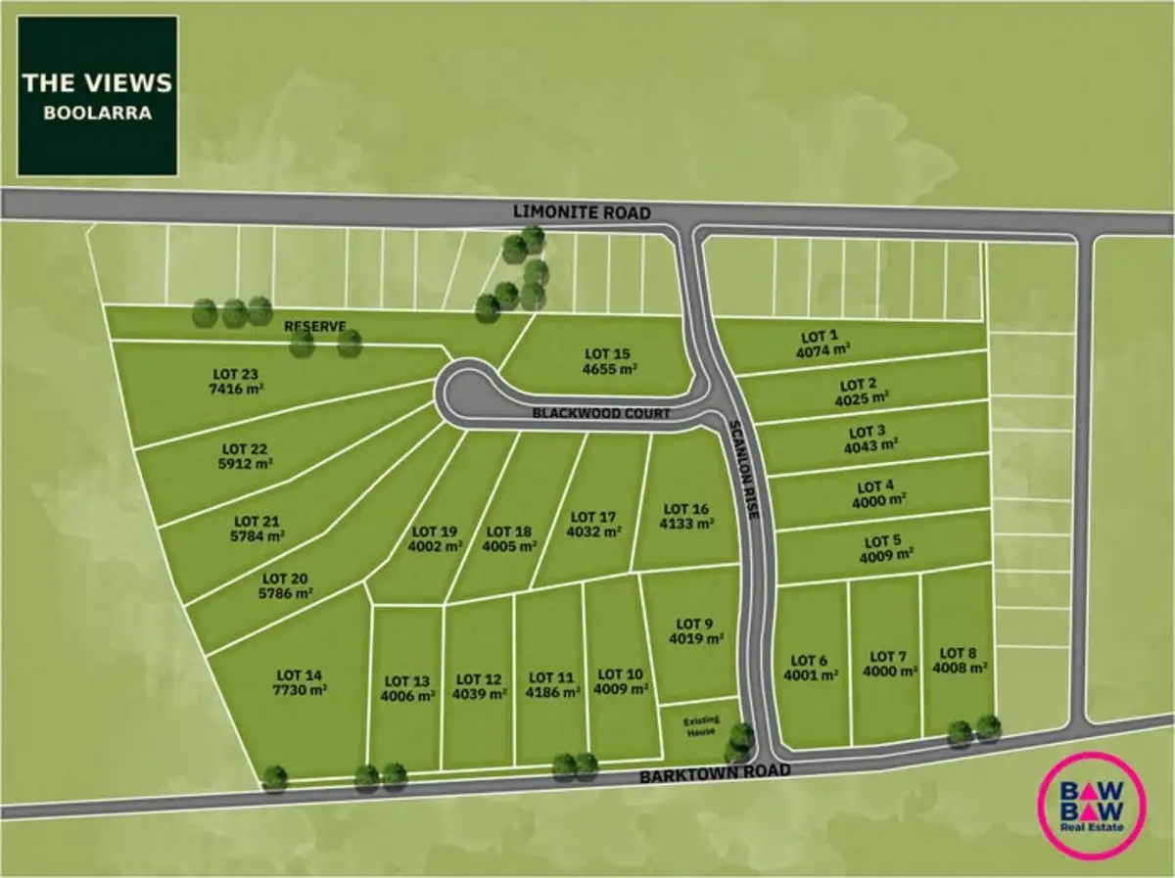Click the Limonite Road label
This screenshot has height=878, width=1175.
[582, 212]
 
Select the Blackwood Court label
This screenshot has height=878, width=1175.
[601, 414]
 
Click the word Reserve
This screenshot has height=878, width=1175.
[310, 325]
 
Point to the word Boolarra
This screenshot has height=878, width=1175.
[97, 113]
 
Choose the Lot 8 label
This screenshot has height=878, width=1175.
[959, 653]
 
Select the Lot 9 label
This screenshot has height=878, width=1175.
[695, 624]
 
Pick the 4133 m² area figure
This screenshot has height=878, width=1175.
[687, 524]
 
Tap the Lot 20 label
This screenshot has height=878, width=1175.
[287, 578]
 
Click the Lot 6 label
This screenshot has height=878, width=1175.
[808, 660]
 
